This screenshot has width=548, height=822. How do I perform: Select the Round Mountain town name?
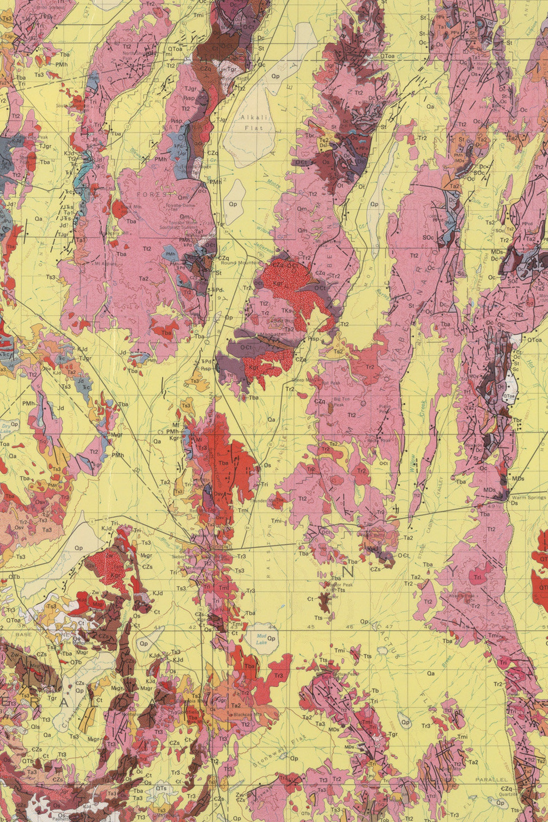pos(241,263)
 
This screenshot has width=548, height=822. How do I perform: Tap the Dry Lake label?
pos(6,429)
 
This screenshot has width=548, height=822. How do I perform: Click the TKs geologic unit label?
pos(286,310)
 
